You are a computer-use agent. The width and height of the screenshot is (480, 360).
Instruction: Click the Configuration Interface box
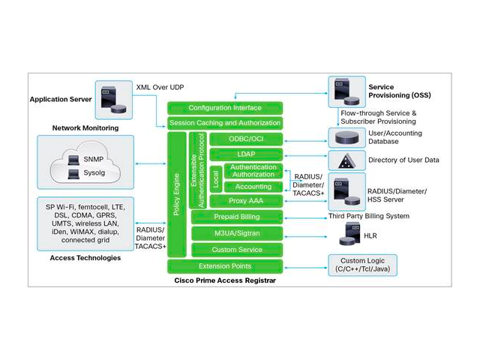[224, 108]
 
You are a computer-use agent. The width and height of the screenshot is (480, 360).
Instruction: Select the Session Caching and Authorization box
[224, 123]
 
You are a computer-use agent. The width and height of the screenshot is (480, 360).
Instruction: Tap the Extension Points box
[224, 266]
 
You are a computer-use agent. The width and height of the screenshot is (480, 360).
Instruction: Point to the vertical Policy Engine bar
[176, 195]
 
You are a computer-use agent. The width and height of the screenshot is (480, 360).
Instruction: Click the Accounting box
[253, 186]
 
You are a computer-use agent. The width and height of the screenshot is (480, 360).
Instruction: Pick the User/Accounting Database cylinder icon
[346, 137]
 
